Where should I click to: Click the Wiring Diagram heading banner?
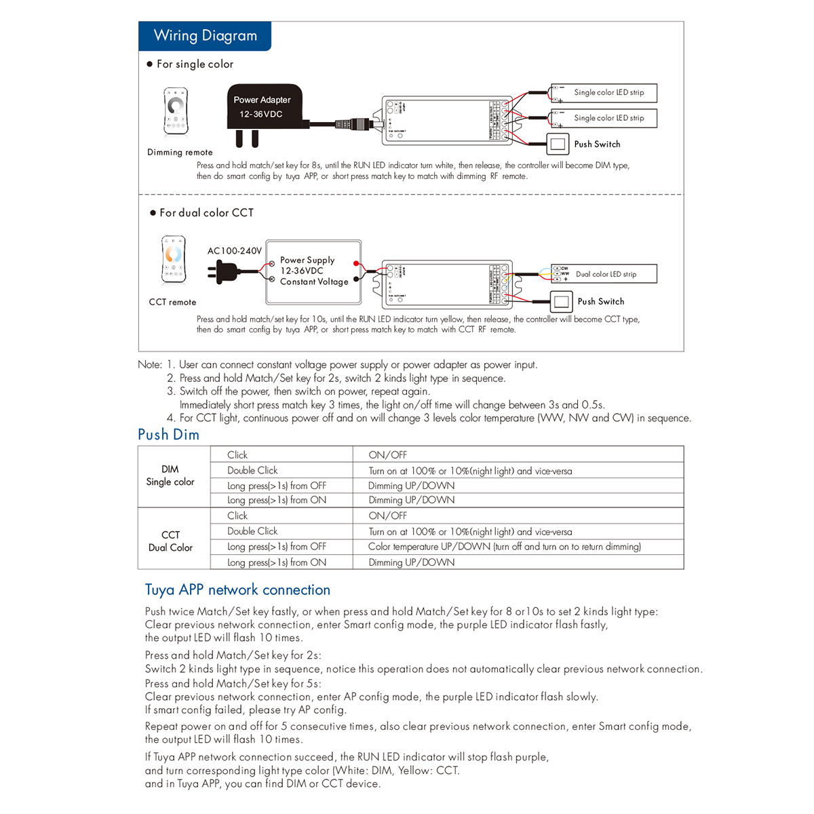(205, 36)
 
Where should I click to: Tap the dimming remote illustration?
(176, 111)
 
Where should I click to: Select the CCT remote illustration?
(174, 260)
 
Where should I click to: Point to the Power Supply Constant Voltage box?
(313, 271)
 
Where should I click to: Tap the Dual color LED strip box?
(604, 274)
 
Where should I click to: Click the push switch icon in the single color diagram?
(558, 144)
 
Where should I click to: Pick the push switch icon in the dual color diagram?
(561, 301)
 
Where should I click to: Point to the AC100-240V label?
(235, 251)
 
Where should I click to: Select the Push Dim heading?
(168, 435)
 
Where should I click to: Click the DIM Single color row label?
(170, 476)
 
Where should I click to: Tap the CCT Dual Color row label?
(170, 541)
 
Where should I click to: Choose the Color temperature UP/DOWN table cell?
(504, 547)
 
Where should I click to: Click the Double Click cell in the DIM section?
(252, 471)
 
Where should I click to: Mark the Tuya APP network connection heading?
(237, 590)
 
